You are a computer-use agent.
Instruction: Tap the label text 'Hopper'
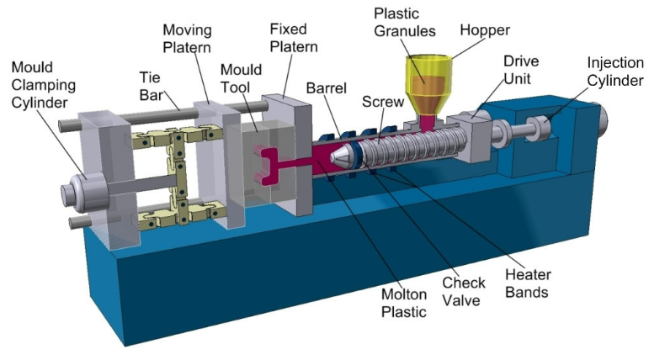pyautogui.click(x=485, y=29)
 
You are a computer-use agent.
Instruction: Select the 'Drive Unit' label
pyautogui.click(x=521, y=70)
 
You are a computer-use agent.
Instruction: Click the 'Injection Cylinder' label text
pyautogui.click(x=615, y=71)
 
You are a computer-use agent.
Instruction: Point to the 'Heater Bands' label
pyautogui.click(x=528, y=283)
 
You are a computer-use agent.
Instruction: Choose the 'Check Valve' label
pyautogui.click(x=464, y=291)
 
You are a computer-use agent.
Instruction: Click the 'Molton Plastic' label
pyautogui.click(x=404, y=303)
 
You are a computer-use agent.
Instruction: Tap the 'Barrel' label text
pyautogui.click(x=326, y=87)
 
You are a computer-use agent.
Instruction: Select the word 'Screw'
pyautogui.click(x=383, y=102)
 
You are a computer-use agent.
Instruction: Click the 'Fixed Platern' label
pyautogui.click(x=294, y=38)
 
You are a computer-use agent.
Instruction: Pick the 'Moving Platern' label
pyautogui.click(x=187, y=39)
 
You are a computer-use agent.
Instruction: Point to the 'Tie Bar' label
pyautogui.click(x=151, y=86)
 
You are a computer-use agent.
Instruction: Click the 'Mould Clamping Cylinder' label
pyautogui.click(x=44, y=85)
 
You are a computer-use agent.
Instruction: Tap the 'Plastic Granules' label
pyautogui.click(x=404, y=23)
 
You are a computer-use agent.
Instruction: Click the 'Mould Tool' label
pyautogui.click(x=241, y=78)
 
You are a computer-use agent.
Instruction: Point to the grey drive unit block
pyautogui.click(x=469, y=137)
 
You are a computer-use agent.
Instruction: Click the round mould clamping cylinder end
pyautogui.click(x=85, y=193)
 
